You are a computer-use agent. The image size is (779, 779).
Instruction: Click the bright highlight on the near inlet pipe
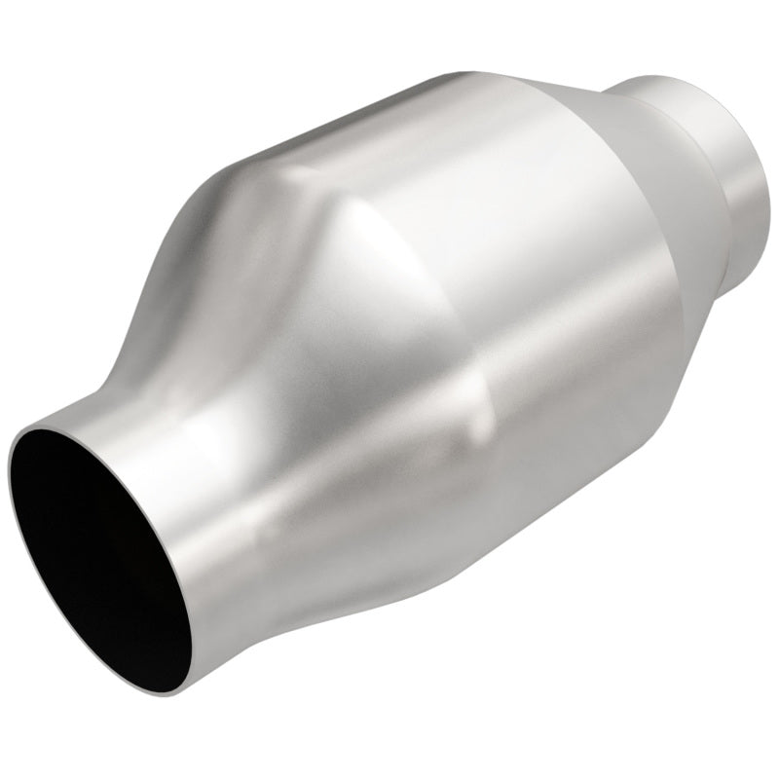tap(209, 458)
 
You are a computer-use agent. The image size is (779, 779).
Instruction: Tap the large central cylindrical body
tap(438, 321)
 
